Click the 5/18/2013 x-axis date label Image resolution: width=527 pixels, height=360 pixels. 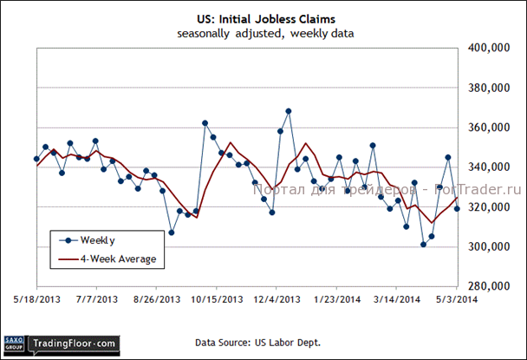[x=36, y=299]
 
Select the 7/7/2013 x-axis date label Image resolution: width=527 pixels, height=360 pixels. [x=97, y=299]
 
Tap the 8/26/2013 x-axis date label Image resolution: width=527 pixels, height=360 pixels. [x=156, y=299]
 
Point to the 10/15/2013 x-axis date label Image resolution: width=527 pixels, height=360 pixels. [x=217, y=299]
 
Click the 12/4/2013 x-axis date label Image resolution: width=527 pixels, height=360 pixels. [x=277, y=299]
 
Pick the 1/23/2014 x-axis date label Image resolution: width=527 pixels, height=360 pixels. [x=336, y=299]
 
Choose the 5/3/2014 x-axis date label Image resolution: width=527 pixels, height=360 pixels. [x=456, y=299]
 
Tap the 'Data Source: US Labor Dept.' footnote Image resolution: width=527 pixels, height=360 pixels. [x=258, y=344]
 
